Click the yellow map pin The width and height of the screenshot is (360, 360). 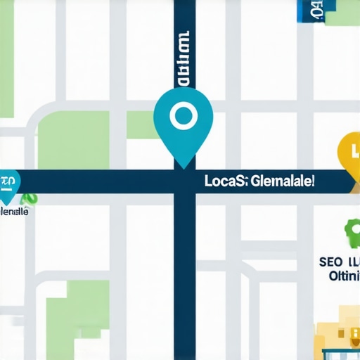point(350,153)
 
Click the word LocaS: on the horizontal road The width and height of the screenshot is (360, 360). point(224,181)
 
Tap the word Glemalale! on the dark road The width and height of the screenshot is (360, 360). point(282,181)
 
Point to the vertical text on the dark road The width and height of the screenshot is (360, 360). point(184,60)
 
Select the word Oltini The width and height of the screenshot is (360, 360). point(345,276)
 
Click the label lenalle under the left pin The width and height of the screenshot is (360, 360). point(14,211)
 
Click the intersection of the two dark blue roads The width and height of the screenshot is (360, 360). point(184,181)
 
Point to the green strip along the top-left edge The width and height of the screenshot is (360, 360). point(6,56)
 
